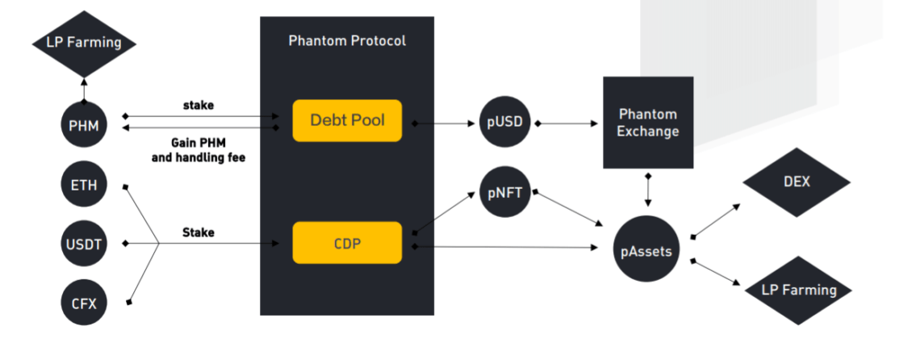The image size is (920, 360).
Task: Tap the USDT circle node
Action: pyautogui.click(x=84, y=243)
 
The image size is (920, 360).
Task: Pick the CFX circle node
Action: pyautogui.click(x=84, y=303)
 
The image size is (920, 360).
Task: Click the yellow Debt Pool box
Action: pyautogui.click(x=347, y=121)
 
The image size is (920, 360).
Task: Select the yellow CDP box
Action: pyautogui.click(x=347, y=242)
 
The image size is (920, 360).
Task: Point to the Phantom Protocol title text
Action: pyautogui.click(x=347, y=40)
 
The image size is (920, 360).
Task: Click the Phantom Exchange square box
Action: pyautogui.click(x=648, y=122)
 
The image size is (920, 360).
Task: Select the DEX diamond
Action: pyautogui.click(x=795, y=182)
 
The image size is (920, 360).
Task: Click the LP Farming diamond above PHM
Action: pyautogui.click(x=84, y=41)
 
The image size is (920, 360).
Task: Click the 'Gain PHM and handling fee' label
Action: pyautogui.click(x=199, y=150)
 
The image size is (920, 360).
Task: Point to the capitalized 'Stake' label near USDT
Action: pyautogui.click(x=199, y=232)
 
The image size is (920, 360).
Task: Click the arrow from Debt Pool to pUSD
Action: pyautogui.click(x=444, y=124)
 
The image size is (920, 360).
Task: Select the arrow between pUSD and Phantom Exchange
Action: pyautogui.click(x=569, y=124)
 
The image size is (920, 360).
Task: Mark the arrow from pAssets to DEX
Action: pyautogui.click(x=716, y=220)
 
